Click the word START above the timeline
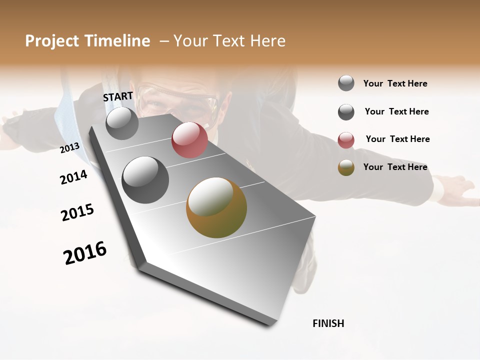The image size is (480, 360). pos(118,96)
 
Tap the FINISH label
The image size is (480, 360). pos(328,323)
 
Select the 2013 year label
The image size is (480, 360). pos(70,148)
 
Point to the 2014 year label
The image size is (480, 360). pos(73,177)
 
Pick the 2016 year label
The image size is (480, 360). pos(85,253)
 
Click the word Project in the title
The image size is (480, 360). pos(52,41)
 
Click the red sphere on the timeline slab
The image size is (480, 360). pos(189,140)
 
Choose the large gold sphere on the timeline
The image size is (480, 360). pos(216,207)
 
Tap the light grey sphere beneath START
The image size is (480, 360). pos(122,123)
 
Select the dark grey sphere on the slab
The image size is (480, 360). pos(145,179)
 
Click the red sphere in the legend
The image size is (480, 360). pos(346,140)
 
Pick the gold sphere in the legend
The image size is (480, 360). pos(346,168)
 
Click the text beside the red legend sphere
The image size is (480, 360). pos(397,139)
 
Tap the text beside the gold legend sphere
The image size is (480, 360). pos(395,167)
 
